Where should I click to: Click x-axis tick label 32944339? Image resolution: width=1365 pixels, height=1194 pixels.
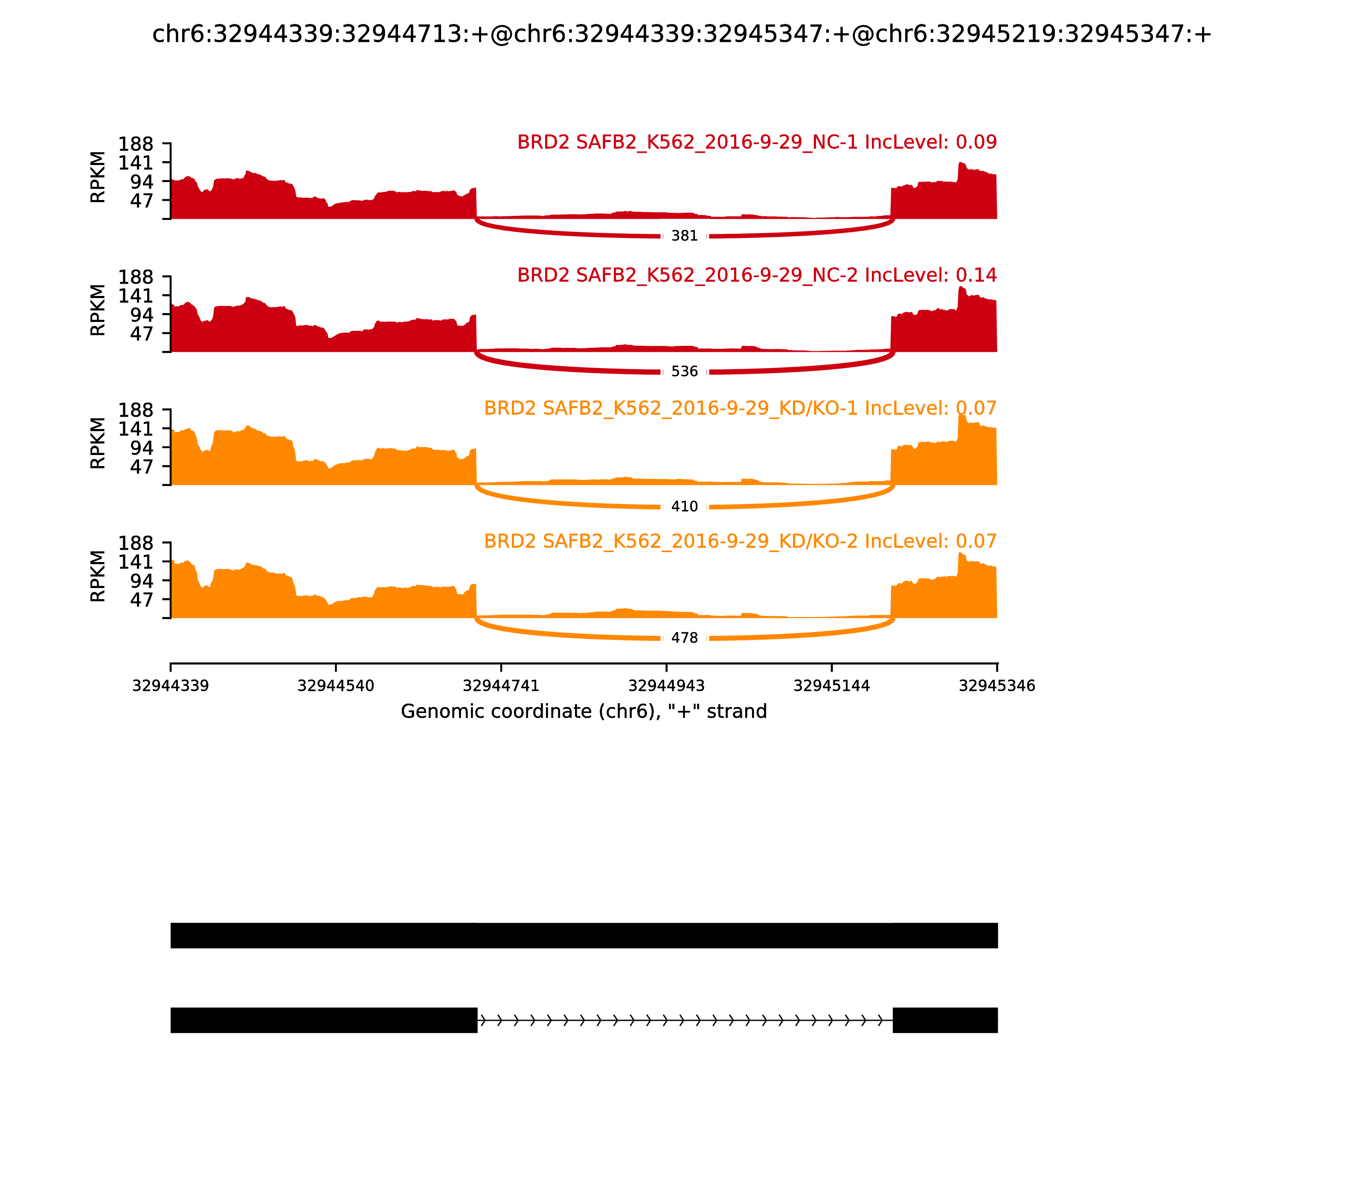tap(171, 686)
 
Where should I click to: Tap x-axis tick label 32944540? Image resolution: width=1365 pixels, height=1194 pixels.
tap(336, 686)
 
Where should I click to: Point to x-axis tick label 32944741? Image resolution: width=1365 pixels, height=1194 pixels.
tap(501, 686)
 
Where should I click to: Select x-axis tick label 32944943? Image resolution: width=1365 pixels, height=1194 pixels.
tap(666, 686)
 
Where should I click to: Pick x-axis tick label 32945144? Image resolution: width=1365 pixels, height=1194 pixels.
tap(832, 686)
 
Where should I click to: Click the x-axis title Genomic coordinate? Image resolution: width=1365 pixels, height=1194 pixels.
tap(584, 712)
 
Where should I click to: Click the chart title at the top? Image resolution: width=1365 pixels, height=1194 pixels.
tap(682, 34)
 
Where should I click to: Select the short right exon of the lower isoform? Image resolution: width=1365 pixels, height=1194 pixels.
tap(945, 1020)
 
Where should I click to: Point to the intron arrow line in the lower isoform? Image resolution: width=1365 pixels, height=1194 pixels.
tap(685, 1020)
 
